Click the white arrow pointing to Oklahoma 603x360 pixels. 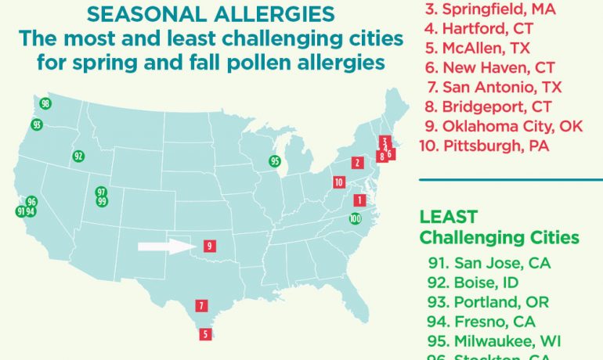pos(166,247)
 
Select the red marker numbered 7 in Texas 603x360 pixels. pos(202,306)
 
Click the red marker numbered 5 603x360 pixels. pos(205,334)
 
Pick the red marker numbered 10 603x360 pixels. pos(338,182)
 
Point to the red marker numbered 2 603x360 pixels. pos(357,163)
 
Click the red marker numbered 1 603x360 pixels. pos(359,200)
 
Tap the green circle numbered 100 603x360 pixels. pos(356,219)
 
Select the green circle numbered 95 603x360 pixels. pos(275,161)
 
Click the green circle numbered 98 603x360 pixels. pos(45,104)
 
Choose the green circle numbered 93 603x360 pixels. pos(37,125)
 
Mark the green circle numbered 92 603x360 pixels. pos(78,156)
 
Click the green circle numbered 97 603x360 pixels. pos(101,192)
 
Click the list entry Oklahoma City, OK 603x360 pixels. pos(501,125)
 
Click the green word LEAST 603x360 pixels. pos(448,217)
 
